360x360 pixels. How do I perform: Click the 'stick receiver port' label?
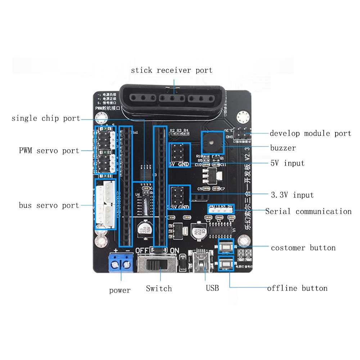click(172, 70)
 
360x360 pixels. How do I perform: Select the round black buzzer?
click(212, 143)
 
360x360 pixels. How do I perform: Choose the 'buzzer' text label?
click(283, 148)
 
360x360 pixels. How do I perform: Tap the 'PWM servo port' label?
click(49, 150)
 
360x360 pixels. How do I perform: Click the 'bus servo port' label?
click(49, 206)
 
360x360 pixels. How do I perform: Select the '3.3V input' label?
click(292, 195)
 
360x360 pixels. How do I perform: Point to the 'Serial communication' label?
click(308, 211)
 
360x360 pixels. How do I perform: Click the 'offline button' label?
click(297, 288)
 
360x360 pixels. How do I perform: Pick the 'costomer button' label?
click(303, 248)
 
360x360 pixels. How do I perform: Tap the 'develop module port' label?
click(310, 134)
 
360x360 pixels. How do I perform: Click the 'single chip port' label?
click(46, 118)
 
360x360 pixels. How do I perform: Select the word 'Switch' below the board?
click(159, 289)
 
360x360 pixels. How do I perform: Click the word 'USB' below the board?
click(212, 288)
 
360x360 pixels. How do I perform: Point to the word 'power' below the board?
click(120, 291)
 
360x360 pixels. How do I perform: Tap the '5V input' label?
click(287, 163)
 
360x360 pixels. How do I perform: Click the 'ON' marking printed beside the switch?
click(174, 251)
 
